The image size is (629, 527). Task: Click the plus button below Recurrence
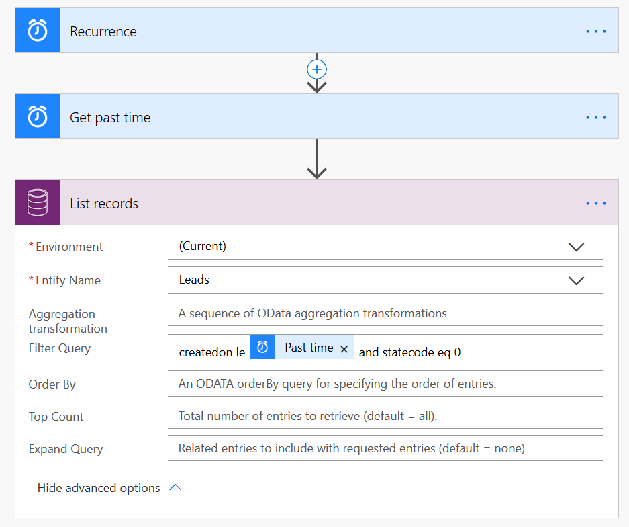click(317, 69)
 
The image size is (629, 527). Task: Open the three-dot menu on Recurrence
click(596, 32)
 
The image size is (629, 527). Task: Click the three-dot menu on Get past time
click(596, 117)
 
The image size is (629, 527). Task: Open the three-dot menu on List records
click(596, 203)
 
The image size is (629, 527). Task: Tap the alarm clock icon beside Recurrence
click(38, 30)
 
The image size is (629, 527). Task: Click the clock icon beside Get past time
click(38, 116)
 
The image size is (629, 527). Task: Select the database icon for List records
click(38, 202)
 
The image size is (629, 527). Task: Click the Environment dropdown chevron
click(576, 247)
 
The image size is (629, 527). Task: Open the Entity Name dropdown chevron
click(576, 280)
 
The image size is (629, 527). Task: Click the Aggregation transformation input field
click(385, 313)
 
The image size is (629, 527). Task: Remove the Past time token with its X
click(344, 349)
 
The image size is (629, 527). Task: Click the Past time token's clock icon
click(262, 347)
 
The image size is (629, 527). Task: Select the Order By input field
click(385, 384)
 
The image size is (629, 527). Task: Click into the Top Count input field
click(385, 415)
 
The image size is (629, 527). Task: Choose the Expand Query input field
click(385, 448)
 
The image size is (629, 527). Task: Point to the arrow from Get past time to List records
click(317, 159)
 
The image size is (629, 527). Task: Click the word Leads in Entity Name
click(194, 280)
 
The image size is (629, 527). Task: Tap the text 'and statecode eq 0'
click(409, 352)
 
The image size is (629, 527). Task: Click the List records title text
click(104, 204)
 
